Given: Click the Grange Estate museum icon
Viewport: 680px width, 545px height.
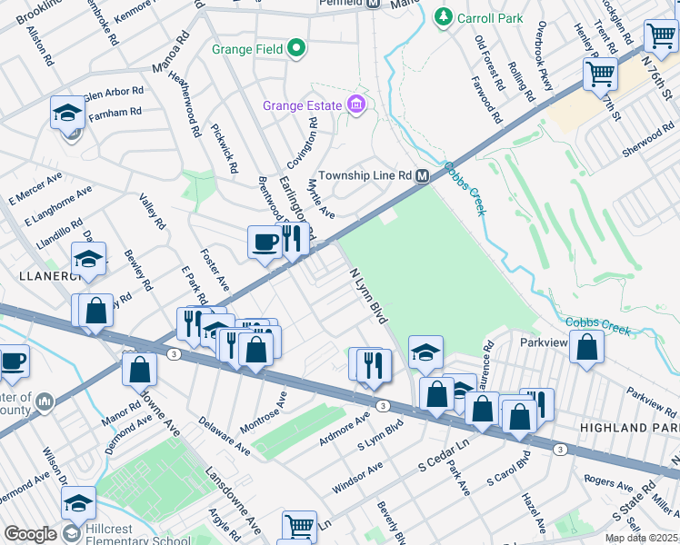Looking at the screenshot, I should (356, 105).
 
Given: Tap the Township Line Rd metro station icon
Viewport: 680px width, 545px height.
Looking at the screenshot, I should (423, 175).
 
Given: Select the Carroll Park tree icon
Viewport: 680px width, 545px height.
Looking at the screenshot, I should (443, 16).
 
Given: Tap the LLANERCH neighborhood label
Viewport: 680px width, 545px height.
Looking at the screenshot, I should (35, 272).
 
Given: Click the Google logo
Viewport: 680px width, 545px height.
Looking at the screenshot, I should (29, 534).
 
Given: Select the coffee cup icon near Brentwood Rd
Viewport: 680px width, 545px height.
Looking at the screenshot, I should (265, 243).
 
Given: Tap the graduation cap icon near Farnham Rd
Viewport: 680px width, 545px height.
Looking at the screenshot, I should (67, 114).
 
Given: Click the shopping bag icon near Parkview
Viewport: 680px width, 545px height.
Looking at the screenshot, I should (588, 348).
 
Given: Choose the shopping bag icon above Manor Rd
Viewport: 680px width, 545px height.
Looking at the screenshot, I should (139, 369).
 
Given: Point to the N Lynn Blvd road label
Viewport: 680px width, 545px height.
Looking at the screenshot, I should (367, 295).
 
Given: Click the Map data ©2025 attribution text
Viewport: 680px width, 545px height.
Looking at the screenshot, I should (641, 538).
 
